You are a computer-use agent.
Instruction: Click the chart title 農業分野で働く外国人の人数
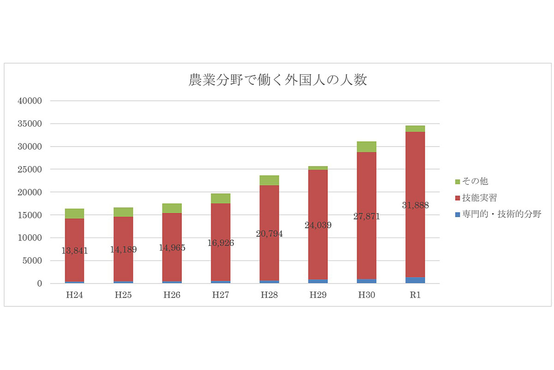[277, 80]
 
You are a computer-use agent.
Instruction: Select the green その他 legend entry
[472, 181]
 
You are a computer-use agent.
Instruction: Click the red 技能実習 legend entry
[476, 198]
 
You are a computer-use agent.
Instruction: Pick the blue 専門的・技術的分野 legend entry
[498, 214]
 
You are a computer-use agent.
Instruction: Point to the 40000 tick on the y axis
[30, 101]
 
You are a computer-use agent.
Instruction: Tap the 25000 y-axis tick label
[30, 170]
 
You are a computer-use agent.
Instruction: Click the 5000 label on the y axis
[32, 261]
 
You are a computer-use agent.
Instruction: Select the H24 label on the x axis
[74, 295]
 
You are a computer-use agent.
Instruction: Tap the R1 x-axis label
[415, 295]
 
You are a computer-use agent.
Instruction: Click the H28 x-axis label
[269, 295]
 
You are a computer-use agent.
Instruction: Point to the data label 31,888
[415, 205]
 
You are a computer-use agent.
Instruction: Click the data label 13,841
[75, 251]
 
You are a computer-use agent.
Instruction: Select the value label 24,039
[318, 225]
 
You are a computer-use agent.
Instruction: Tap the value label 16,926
[221, 243]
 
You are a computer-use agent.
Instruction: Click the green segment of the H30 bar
[367, 147]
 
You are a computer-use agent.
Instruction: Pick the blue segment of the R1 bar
[415, 280]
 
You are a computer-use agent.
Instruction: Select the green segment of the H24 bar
[74, 214]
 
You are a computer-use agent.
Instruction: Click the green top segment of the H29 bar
[318, 168]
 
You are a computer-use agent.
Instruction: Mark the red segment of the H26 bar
[172, 247]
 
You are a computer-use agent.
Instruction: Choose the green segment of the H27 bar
[221, 198]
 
